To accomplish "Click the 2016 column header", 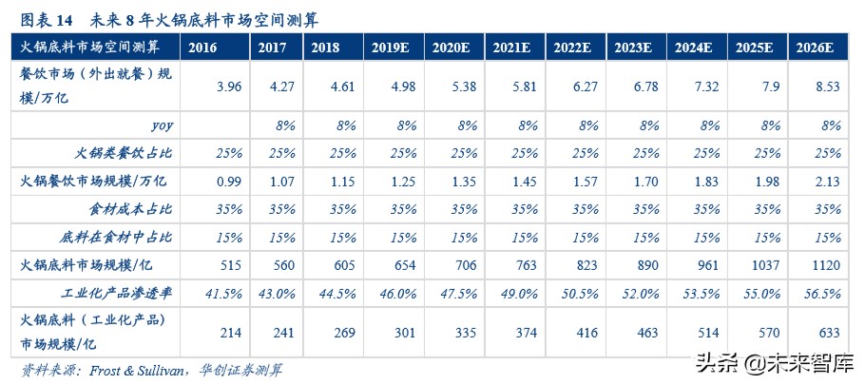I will click(x=202, y=47).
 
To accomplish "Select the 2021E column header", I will click(x=510, y=47).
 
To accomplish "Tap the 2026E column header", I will click(x=815, y=47).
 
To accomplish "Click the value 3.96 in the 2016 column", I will click(x=228, y=87).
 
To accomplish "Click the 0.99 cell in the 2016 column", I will click(x=228, y=181).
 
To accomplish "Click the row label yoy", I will click(x=163, y=125).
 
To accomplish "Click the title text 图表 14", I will click(x=48, y=16).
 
